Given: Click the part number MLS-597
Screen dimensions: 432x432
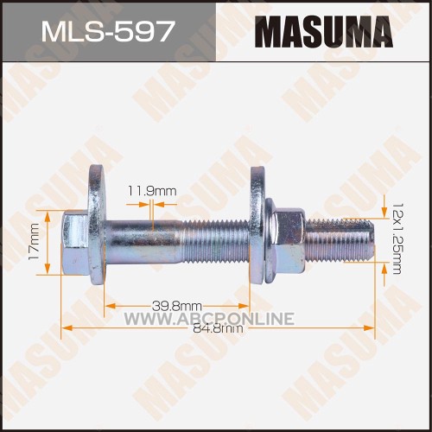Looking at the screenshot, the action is [x=108, y=31].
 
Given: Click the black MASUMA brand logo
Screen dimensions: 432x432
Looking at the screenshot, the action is [x=324, y=32].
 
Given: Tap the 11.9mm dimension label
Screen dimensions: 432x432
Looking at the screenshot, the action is [x=151, y=191].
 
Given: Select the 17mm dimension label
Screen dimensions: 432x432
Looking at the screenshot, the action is [x=34, y=242].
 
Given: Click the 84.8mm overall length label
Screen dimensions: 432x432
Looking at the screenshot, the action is [x=218, y=328].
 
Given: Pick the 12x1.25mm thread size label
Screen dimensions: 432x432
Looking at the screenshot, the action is [x=397, y=238].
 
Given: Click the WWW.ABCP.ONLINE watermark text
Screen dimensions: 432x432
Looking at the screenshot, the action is [x=209, y=319].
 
